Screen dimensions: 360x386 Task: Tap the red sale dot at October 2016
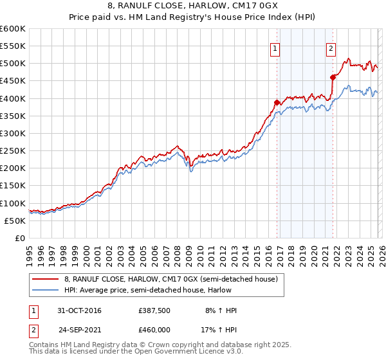tap(277, 102)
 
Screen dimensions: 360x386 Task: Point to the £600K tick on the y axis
tap(12, 29)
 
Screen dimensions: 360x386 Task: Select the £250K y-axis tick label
tap(12, 151)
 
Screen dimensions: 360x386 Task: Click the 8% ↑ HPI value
tap(221, 311)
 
